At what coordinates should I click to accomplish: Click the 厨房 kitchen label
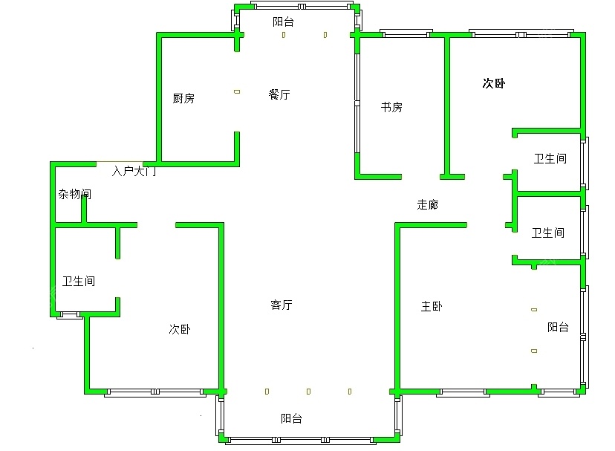(183, 98)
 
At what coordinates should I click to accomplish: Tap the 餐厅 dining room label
(279, 94)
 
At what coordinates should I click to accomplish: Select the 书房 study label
(391, 107)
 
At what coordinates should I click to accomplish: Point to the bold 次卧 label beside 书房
(494, 83)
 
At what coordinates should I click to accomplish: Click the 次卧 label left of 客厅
(180, 329)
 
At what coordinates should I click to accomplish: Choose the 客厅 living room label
(282, 305)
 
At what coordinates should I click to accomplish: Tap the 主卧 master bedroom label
(432, 306)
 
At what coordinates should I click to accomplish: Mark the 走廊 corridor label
(428, 204)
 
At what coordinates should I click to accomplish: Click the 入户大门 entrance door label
(134, 171)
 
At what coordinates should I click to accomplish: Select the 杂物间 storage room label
(74, 194)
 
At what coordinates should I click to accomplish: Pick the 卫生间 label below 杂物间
(79, 281)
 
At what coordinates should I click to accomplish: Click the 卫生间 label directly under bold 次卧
(550, 158)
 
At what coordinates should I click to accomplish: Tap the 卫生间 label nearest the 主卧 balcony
(548, 233)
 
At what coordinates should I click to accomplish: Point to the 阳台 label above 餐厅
(283, 22)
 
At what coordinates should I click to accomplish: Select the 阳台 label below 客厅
(291, 418)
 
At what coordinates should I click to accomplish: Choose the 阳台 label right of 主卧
(558, 327)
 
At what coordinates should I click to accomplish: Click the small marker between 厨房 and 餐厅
(237, 92)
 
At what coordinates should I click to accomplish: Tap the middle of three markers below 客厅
(309, 392)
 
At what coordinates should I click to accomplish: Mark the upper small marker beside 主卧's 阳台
(534, 310)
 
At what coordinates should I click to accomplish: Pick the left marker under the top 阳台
(284, 35)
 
